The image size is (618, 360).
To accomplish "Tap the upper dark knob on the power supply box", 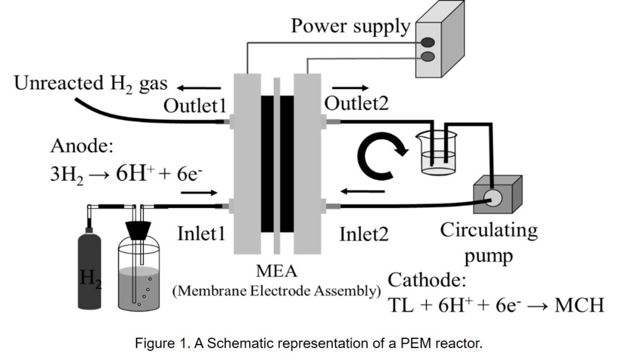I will tap(428, 42).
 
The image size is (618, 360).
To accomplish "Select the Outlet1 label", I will tap(195, 106).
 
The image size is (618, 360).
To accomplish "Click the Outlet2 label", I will tap(356, 103).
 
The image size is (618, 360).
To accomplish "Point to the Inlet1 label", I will tap(201, 234).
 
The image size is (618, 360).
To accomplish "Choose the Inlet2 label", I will tap(364, 235).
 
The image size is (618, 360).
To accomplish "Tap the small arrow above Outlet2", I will tap(351, 88).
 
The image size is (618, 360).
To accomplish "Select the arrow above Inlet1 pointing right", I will tap(199, 193).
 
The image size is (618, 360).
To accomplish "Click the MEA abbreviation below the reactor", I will tap(277, 272).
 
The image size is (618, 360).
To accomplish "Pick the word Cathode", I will tap(427, 280).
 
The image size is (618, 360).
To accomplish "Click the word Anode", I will tap(82, 146).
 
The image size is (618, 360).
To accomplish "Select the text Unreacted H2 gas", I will tap(91, 84).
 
